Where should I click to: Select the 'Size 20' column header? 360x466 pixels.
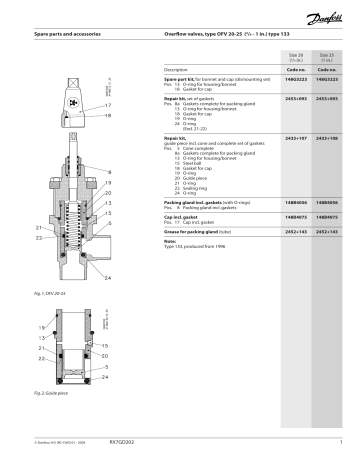click(295, 59)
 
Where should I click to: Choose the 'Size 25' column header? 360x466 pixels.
click(331, 59)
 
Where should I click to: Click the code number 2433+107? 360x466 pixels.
click(295, 137)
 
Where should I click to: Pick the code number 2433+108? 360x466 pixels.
click(331, 137)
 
